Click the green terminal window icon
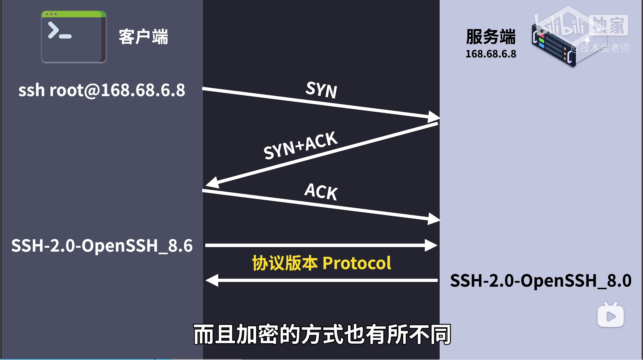pos(74,36)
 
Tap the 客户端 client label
pos(143,36)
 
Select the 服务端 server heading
pos(491,36)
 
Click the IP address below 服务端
pos(491,54)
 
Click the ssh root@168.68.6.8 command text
pos(102,90)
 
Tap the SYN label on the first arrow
pos(321,89)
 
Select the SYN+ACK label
pos(301,145)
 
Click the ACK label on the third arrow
pos(321,191)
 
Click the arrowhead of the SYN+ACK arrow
pos(212,183)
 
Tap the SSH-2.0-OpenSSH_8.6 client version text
pos(102,246)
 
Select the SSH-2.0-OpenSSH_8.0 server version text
pos(541,281)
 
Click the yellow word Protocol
pos(357,263)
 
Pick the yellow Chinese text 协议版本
pos(285,263)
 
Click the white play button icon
pos(611,315)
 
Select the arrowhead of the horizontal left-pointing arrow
pos(212,280)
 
